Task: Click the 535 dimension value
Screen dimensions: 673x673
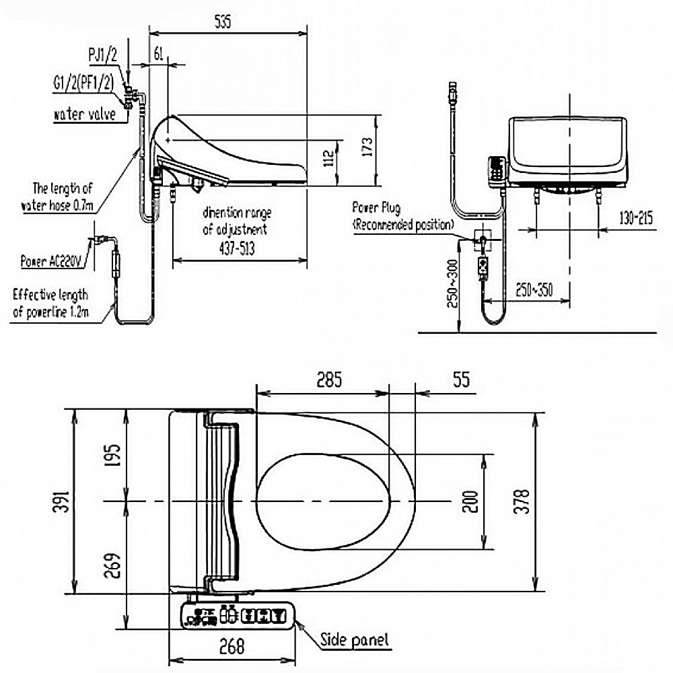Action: tap(223, 22)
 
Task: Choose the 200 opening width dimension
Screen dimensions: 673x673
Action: tap(471, 501)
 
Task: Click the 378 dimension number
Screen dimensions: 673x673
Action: tap(523, 501)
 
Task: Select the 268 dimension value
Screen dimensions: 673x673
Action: tap(232, 647)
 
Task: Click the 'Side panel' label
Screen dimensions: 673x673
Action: tap(355, 639)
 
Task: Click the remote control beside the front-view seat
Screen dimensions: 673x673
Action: tap(497, 168)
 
